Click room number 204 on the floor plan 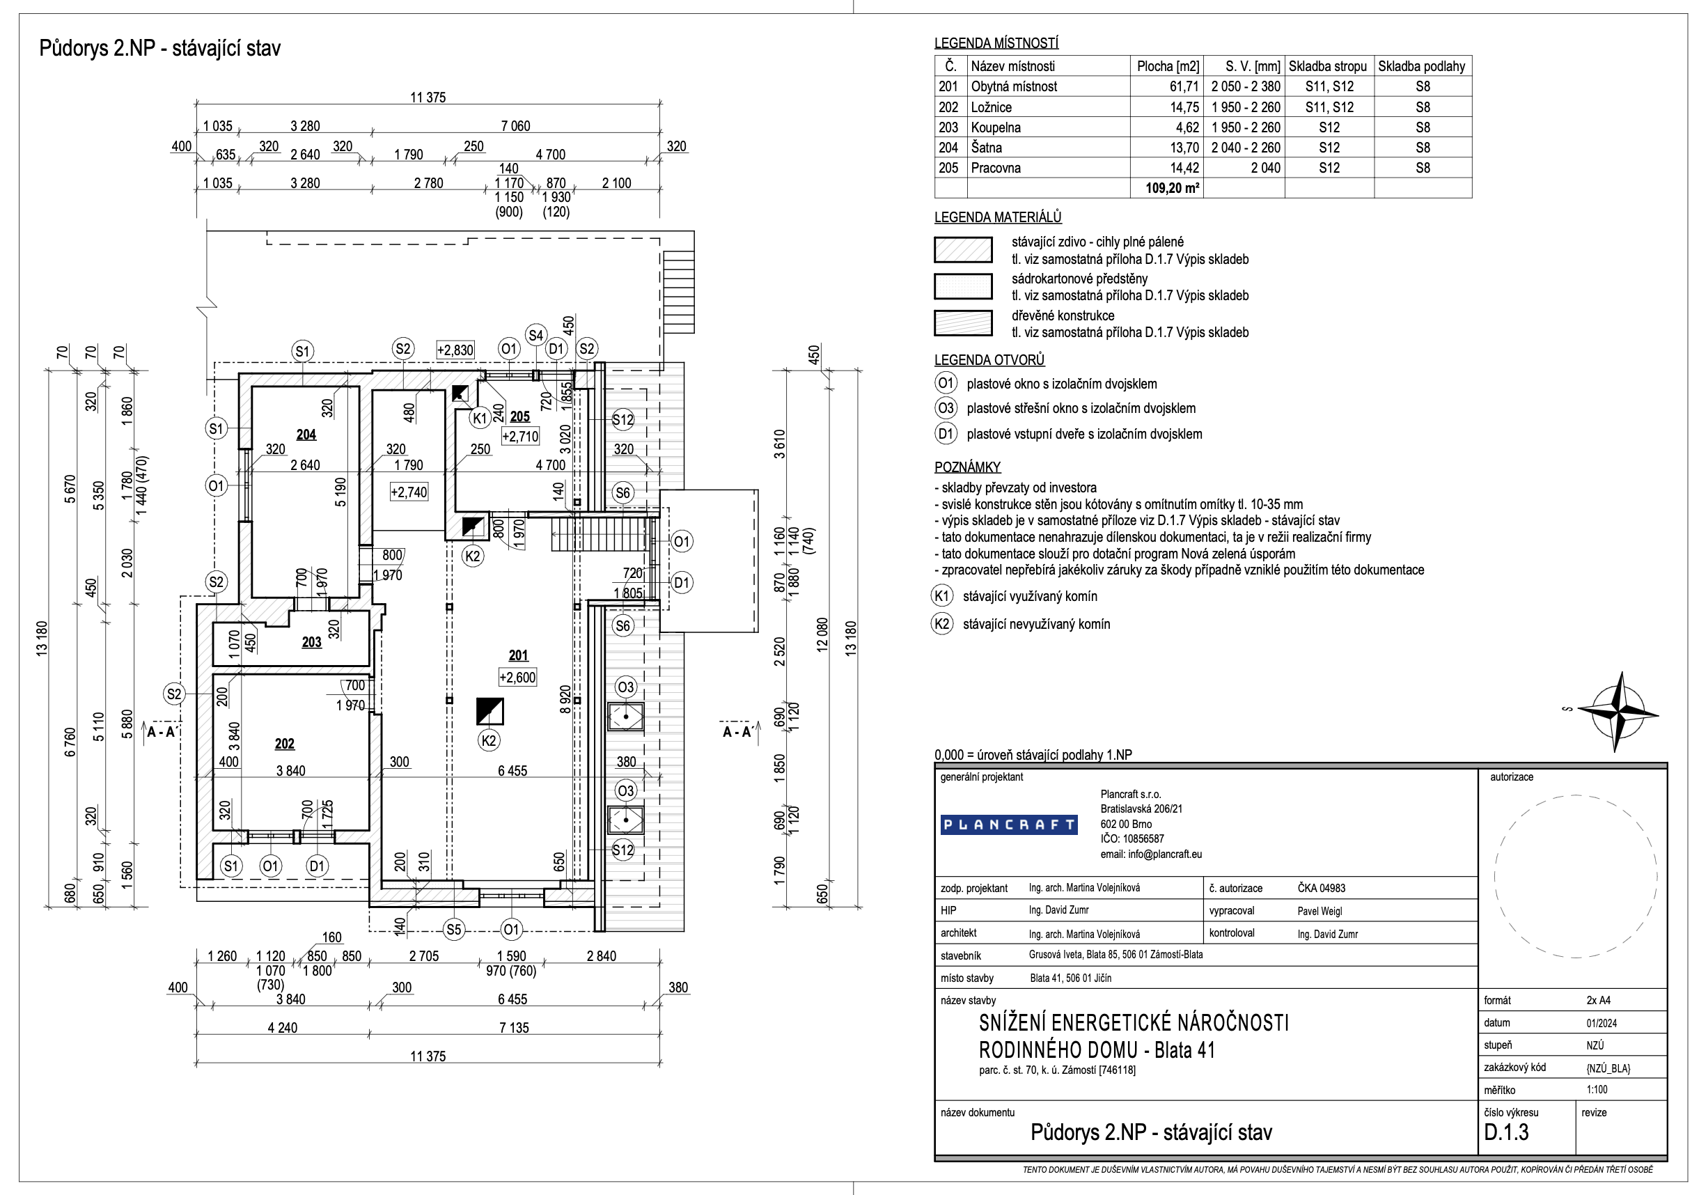click(x=306, y=435)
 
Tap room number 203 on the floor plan click(x=311, y=642)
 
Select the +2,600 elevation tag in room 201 click(x=517, y=677)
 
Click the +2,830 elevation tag click(x=455, y=350)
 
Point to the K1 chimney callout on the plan click(x=480, y=418)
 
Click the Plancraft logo click(x=1008, y=825)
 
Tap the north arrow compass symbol click(x=1619, y=712)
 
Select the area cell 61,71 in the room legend click(x=1184, y=86)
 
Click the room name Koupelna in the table click(x=995, y=127)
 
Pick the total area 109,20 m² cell click(x=1172, y=188)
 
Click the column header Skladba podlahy click(x=1421, y=66)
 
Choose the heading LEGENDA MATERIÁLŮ click(x=998, y=217)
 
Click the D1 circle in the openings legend click(x=946, y=434)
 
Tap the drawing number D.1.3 click(x=1507, y=1132)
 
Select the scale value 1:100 click(x=1597, y=1089)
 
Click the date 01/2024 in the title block click(x=1602, y=1022)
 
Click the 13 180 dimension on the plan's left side click(x=42, y=638)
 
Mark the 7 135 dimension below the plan click(x=514, y=1028)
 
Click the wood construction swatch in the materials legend click(x=963, y=323)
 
